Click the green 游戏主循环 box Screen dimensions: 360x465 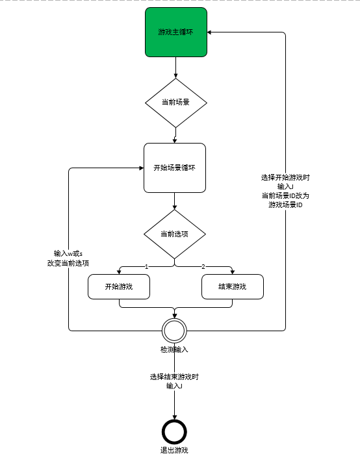point(176,32)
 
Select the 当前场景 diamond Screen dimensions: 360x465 point(176,103)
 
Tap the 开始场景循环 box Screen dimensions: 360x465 point(175,168)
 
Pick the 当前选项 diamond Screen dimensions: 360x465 point(175,234)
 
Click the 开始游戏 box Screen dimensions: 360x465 point(119,286)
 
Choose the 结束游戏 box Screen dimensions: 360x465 point(233,286)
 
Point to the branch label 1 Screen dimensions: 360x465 point(146,267)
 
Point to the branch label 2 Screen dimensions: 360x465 point(203,267)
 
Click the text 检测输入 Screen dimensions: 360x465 point(174,349)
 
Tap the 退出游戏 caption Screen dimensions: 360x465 point(174,450)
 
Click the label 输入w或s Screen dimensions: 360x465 point(68,253)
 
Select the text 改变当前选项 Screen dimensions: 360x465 point(68,263)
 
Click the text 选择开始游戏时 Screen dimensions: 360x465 point(285,177)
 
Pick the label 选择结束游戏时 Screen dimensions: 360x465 point(174,377)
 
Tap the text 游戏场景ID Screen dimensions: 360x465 point(285,205)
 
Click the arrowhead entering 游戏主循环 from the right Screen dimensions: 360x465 point(209,32)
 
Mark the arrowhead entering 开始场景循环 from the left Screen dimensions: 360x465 point(142,168)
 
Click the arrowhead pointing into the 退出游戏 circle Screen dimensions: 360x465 point(175,417)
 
